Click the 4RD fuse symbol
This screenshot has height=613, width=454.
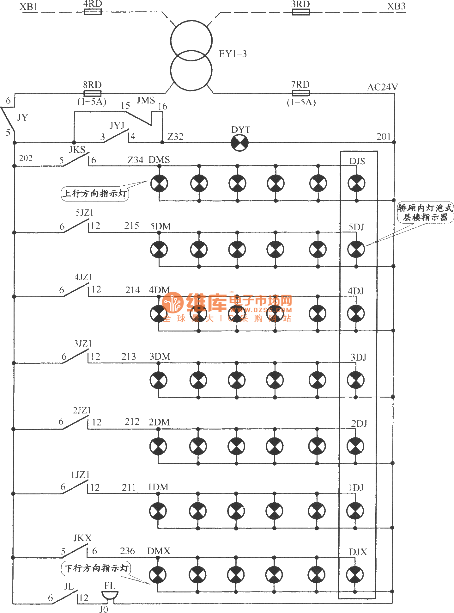pyautogui.click(x=93, y=12)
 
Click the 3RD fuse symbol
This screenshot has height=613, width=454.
pyautogui.click(x=300, y=12)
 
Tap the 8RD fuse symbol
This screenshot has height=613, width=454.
pyautogui.click(x=92, y=93)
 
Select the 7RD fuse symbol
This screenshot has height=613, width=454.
pyautogui.click(x=300, y=93)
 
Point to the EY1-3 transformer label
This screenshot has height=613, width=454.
pyautogui.click(x=233, y=54)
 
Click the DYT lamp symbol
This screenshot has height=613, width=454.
pyautogui.click(x=240, y=143)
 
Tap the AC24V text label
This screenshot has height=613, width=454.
pyautogui.click(x=382, y=87)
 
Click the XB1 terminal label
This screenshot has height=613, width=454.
pyautogui.click(x=28, y=7)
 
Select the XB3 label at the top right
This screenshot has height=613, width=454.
pyautogui.click(x=396, y=7)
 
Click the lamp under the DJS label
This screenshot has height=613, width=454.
pyautogui.click(x=356, y=183)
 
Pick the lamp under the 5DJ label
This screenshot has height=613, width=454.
pyautogui.click(x=356, y=249)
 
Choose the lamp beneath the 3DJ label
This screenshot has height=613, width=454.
pyautogui.click(x=355, y=380)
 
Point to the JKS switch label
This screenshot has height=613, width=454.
pyautogui.click(x=77, y=150)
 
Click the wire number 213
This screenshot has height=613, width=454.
pyautogui.click(x=129, y=357)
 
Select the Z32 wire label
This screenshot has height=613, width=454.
pyautogui.click(x=175, y=137)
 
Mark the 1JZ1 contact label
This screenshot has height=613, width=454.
pyautogui.click(x=80, y=475)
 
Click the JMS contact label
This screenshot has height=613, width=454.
pyautogui.click(x=146, y=101)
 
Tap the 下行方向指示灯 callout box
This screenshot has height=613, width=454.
pyautogui.click(x=95, y=568)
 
